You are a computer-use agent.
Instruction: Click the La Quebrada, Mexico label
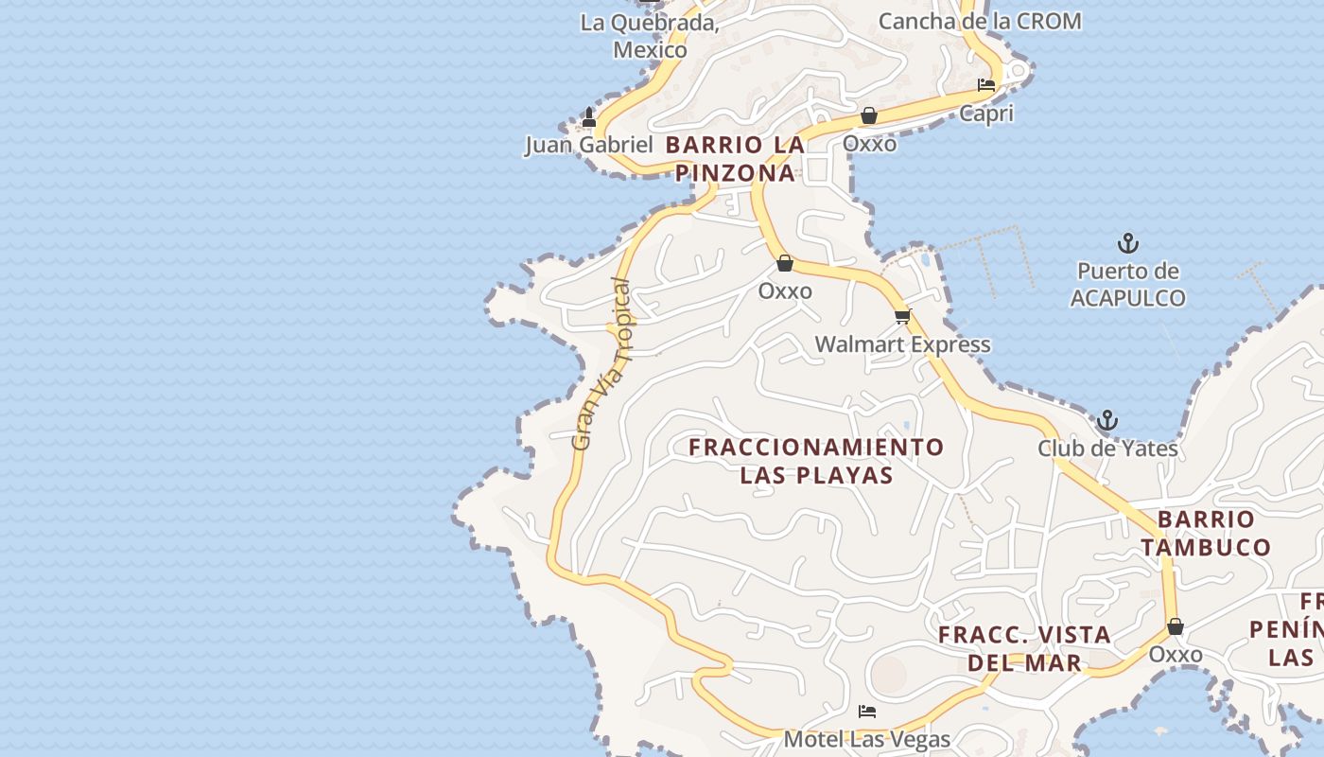tap(650, 36)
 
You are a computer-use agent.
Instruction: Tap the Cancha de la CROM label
tap(980, 21)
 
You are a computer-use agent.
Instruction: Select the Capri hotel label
tap(986, 114)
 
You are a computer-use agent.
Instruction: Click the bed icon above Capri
tap(986, 85)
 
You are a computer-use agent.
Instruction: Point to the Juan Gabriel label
tap(589, 145)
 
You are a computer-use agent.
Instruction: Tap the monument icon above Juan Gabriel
tap(589, 117)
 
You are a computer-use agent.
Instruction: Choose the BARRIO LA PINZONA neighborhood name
tap(735, 159)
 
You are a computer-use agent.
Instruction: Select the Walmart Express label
tap(903, 344)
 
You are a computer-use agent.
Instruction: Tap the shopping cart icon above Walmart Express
tap(903, 316)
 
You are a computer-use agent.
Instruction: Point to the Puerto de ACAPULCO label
tap(1127, 285)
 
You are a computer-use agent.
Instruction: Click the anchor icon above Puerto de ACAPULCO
tap(1127, 244)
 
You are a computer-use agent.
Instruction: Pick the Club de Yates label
tap(1107, 448)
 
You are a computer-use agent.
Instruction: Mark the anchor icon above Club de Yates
tap(1107, 420)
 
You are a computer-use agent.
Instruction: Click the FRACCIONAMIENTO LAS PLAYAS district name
tap(816, 461)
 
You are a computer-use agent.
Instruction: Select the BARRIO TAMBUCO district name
tap(1206, 533)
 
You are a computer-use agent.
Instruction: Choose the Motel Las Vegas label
tap(867, 739)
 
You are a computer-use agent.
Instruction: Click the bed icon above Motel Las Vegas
tap(867, 712)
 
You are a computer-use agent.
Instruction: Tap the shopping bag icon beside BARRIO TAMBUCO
tap(1176, 626)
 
